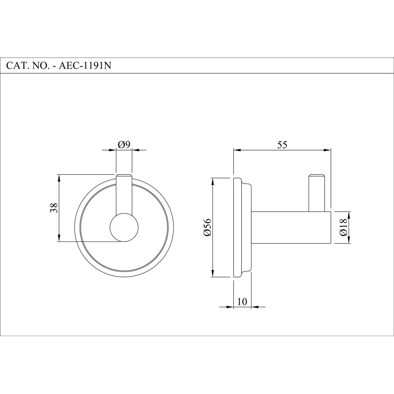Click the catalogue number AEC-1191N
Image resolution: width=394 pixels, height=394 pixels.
pyautogui.click(x=85, y=66)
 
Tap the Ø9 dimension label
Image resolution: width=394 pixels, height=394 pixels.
pyautogui.click(x=124, y=145)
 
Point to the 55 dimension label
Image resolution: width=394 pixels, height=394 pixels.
pyautogui.click(x=282, y=145)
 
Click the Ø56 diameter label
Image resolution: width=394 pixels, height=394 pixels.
pyautogui.click(x=208, y=228)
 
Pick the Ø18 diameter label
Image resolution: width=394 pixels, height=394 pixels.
pyautogui.click(x=343, y=227)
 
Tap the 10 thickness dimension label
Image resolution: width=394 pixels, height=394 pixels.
pyautogui.click(x=242, y=302)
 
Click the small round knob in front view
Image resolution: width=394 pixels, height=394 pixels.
pyautogui.click(x=124, y=227)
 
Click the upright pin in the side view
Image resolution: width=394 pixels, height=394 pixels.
pyautogui.click(x=317, y=192)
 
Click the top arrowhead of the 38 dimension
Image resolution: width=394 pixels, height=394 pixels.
pyautogui.click(x=59, y=177)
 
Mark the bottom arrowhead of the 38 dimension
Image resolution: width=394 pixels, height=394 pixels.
pyautogui.click(x=59, y=238)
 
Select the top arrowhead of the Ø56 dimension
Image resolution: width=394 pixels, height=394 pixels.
pyautogui.click(x=213, y=181)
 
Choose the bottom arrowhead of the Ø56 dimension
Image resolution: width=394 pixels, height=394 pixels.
pyautogui.click(x=213, y=274)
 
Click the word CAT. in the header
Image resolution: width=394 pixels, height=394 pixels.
pyautogui.click(x=17, y=66)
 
